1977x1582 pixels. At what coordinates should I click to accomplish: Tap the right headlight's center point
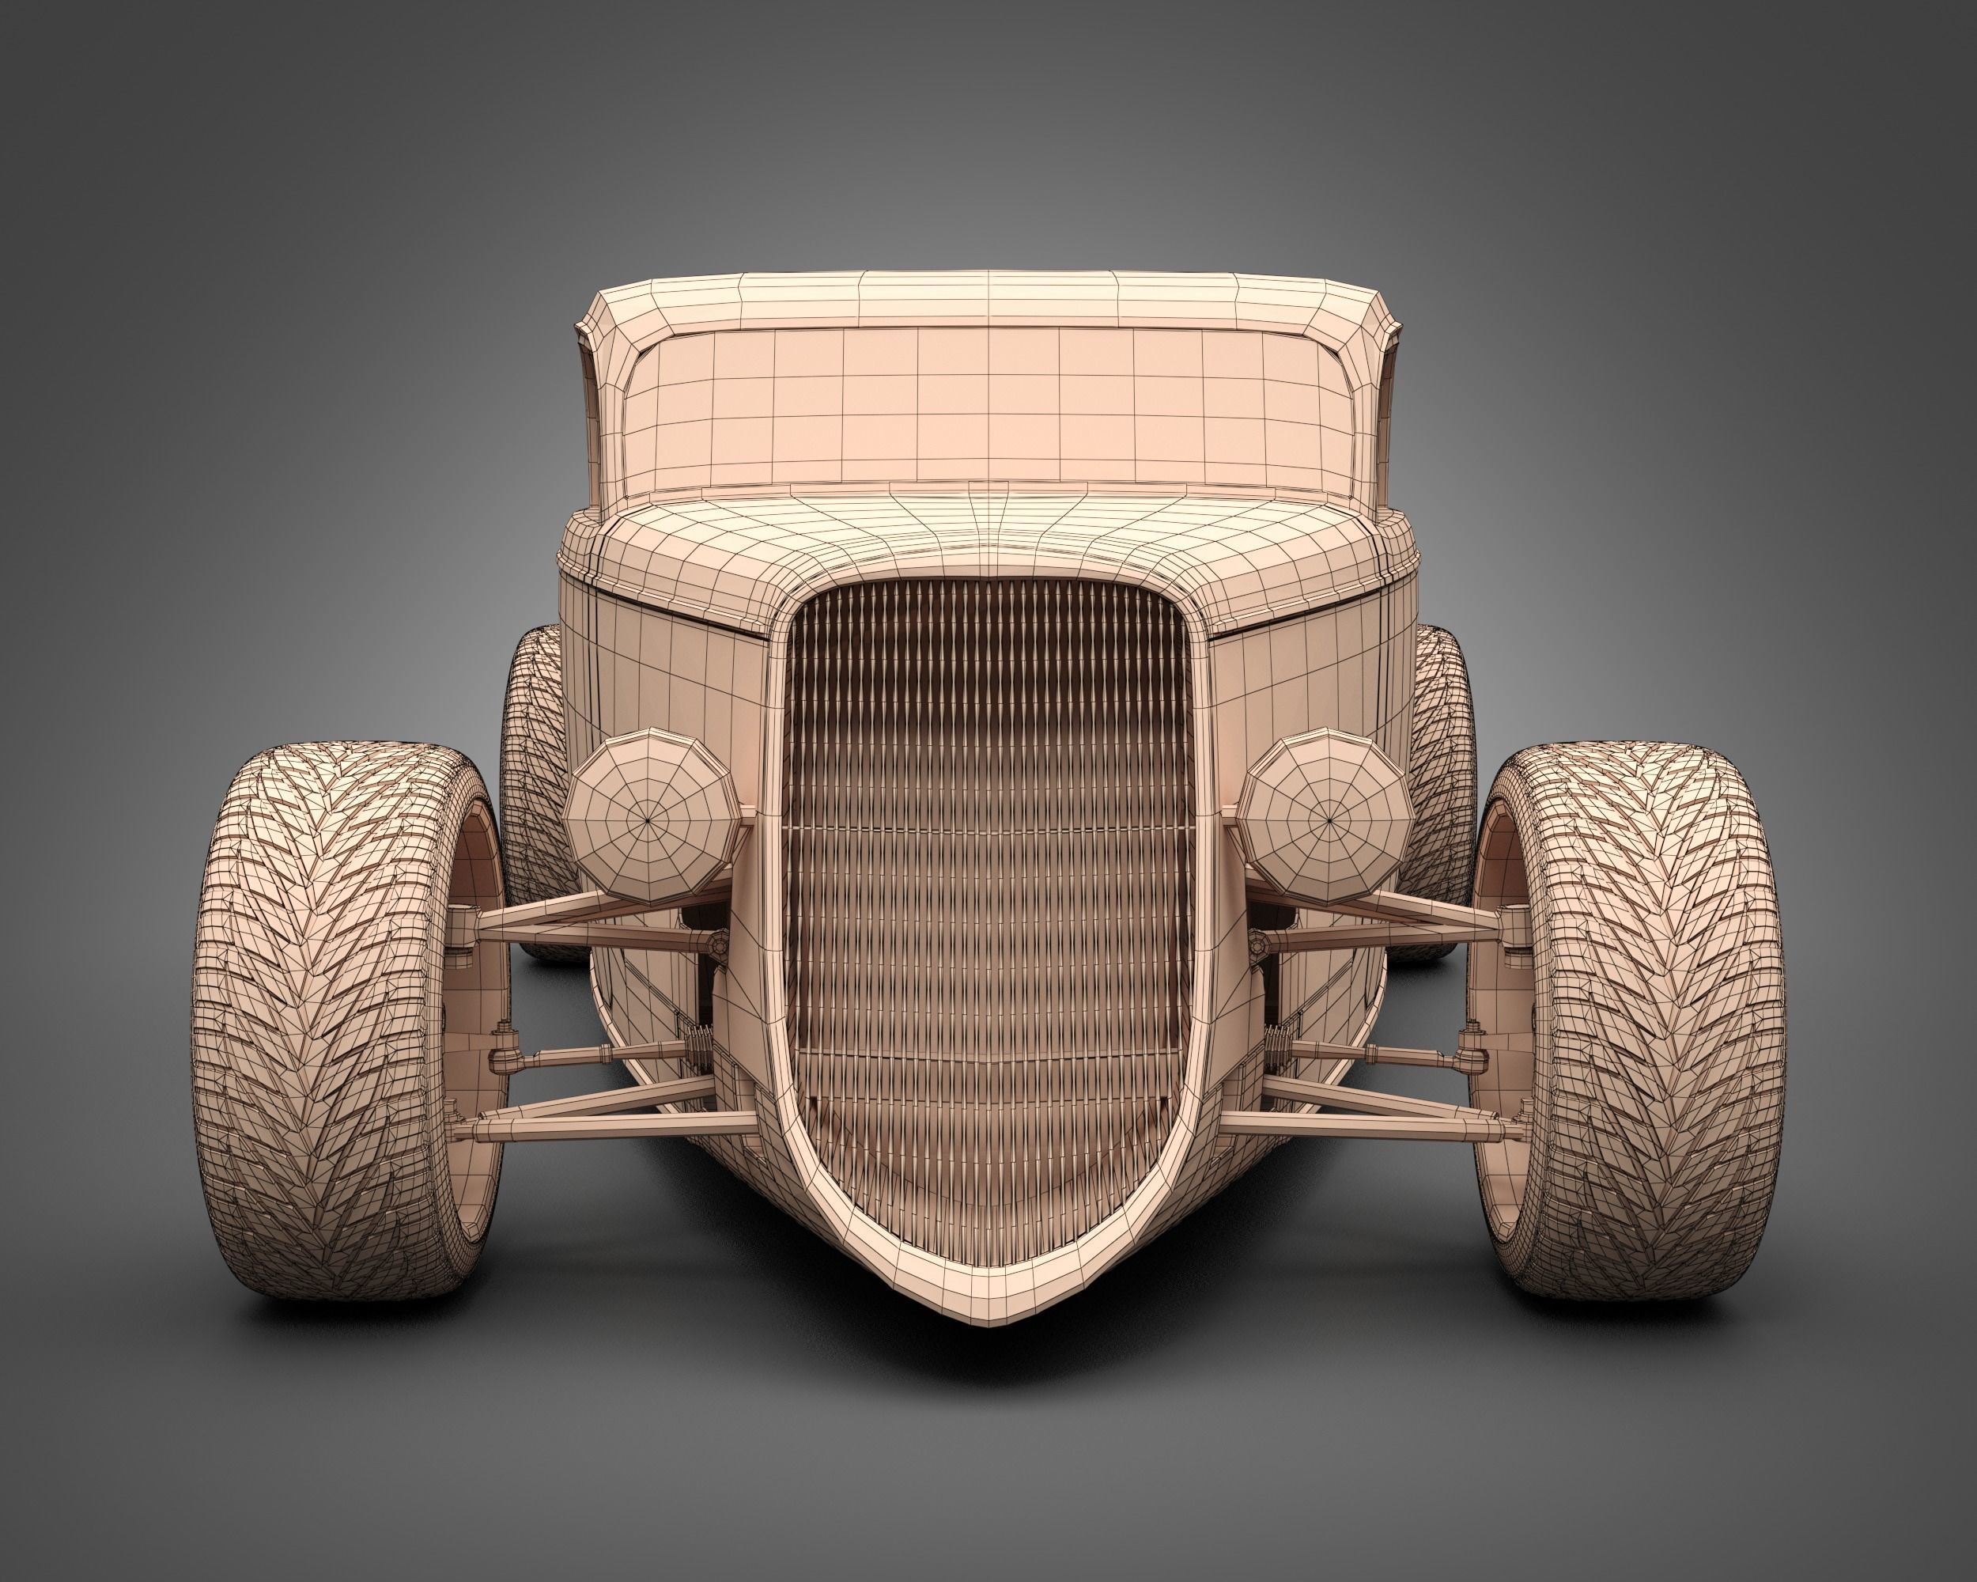(x=1328, y=812)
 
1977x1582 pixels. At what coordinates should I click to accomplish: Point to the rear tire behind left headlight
(x=532, y=734)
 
